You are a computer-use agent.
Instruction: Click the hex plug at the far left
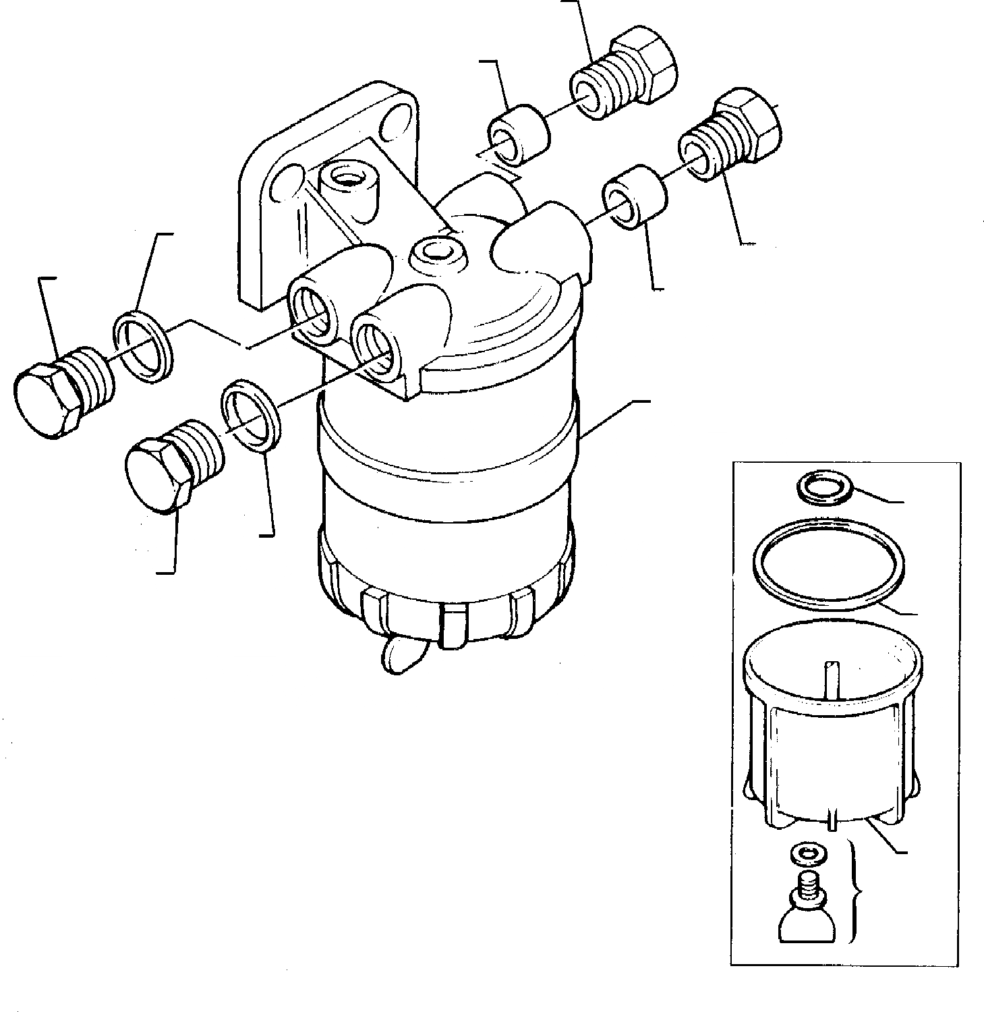(x=51, y=398)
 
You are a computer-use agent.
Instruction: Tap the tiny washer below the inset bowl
(x=803, y=853)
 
